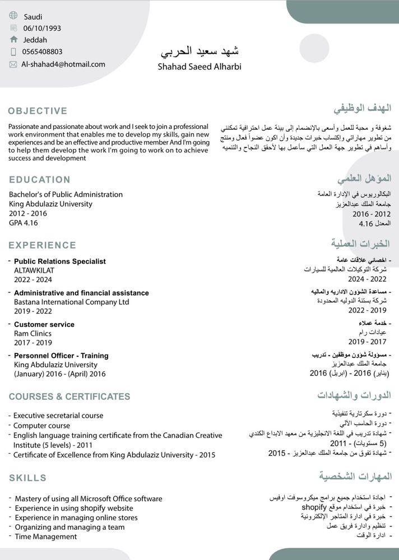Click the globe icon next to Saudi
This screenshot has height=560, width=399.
13,16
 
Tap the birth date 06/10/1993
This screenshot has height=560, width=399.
42,28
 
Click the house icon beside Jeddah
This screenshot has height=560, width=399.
13,40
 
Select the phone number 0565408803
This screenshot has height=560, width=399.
42,52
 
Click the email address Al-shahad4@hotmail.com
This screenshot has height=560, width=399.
63,64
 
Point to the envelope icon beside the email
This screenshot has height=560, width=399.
13,64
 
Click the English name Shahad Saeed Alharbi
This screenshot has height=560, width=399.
199,67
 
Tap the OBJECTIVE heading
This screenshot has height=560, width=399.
38,111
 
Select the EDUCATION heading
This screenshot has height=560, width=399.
39,180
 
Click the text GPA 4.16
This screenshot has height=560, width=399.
24,223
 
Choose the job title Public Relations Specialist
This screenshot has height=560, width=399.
59,262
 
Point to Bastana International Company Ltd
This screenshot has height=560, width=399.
71,302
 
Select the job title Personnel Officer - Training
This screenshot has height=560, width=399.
61,356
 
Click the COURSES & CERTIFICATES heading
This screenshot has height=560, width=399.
69,396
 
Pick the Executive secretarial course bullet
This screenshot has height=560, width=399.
58,416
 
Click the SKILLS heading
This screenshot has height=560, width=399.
27,478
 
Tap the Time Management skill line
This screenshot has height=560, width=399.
45,536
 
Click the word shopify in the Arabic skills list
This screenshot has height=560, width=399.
314,507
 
